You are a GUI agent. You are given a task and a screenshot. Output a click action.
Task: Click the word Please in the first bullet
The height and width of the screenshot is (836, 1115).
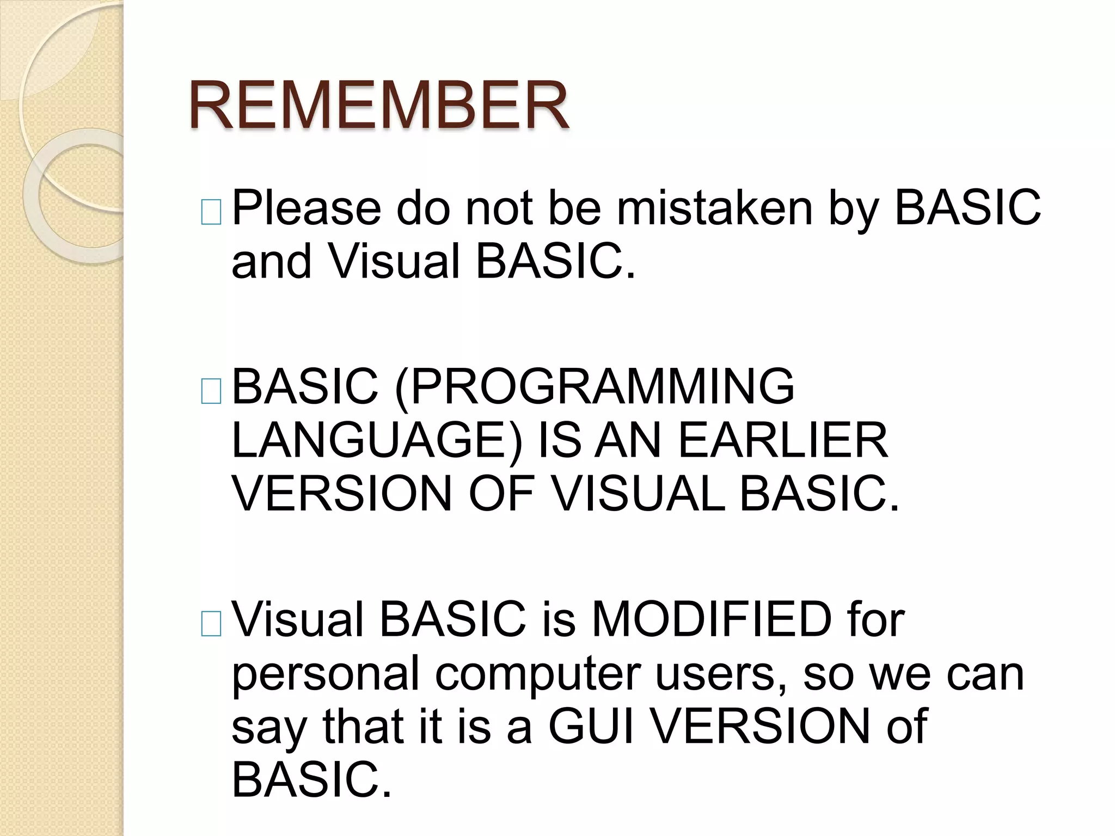tap(307, 207)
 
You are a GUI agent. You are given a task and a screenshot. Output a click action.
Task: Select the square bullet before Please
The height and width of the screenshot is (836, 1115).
tap(211, 212)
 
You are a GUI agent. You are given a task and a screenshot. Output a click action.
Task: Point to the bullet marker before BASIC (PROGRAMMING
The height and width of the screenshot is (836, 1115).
tap(211, 391)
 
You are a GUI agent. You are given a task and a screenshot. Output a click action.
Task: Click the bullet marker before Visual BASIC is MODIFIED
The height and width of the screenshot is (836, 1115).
tap(211, 624)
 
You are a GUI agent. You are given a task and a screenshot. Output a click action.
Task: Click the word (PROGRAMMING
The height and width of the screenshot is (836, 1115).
tap(594, 386)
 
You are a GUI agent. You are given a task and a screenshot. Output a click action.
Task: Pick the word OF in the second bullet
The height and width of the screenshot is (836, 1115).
tap(501, 493)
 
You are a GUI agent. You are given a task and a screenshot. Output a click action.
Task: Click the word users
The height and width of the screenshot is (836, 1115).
tap(721, 673)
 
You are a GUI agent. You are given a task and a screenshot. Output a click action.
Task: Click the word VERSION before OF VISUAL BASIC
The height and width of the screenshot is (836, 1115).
tap(342, 493)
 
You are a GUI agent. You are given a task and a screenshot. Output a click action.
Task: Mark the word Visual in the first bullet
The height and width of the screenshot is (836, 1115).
tap(394, 261)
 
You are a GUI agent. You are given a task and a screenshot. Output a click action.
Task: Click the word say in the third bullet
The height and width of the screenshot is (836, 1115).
tap(269, 729)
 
